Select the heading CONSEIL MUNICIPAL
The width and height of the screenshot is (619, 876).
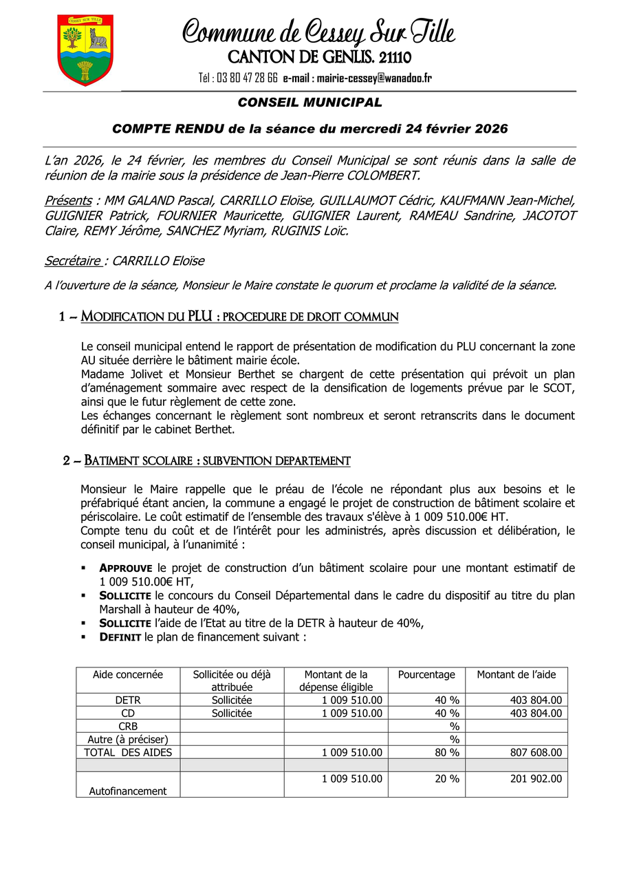click(309, 103)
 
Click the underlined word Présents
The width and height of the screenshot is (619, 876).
click(68, 200)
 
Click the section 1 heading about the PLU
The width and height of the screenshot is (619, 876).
click(229, 317)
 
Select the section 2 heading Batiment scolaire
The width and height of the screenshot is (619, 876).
click(207, 460)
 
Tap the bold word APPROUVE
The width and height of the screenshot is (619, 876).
click(127, 568)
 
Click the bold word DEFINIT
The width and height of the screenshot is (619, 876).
click(120, 637)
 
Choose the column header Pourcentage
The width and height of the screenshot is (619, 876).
click(426, 674)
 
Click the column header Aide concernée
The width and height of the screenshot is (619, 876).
click(128, 674)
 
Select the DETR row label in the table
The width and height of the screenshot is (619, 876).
click(128, 701)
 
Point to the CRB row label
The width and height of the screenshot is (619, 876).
click(128, 727)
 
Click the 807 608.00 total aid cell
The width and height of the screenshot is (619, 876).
click(536, 753)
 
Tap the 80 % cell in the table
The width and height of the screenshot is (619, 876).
click(446, 753)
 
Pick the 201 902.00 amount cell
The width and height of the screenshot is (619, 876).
click(536, 779)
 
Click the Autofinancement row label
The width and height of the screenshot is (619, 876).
click(128, 791)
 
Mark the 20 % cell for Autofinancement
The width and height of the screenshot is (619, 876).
click(446, 779)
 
